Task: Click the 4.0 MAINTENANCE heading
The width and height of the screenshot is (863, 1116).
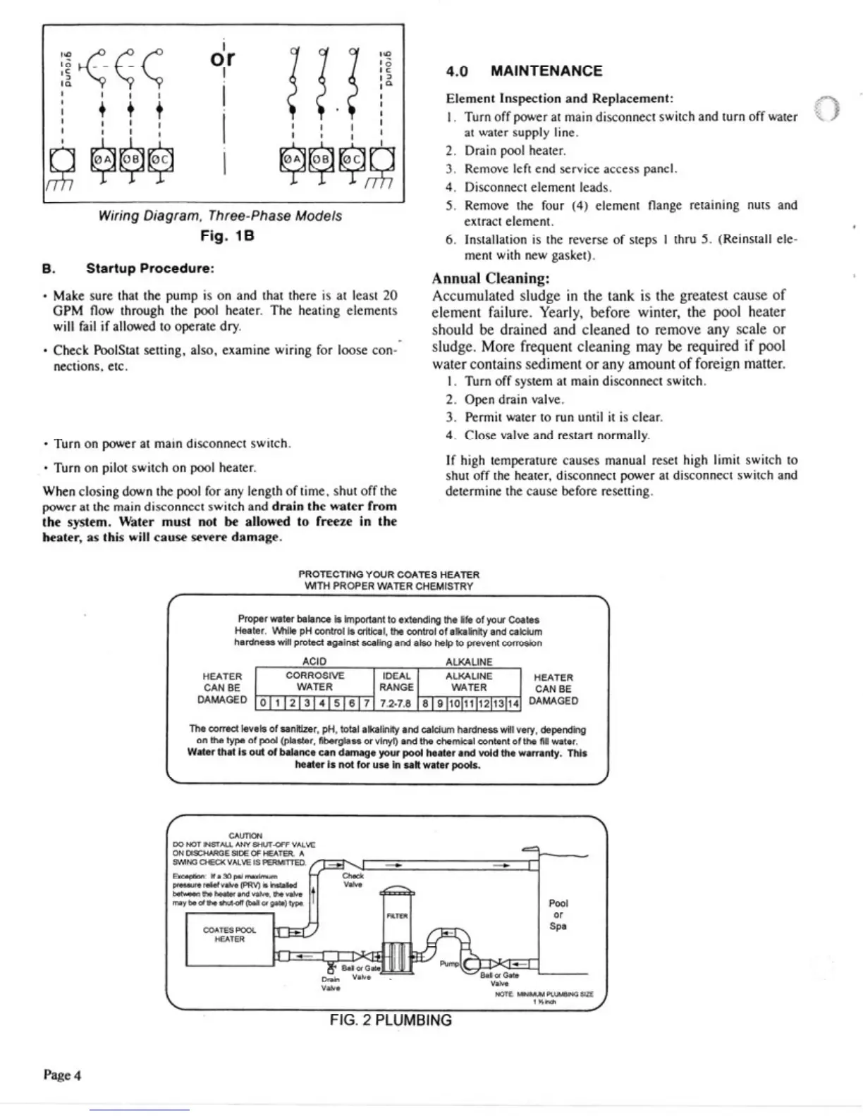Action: [x=524, y=71]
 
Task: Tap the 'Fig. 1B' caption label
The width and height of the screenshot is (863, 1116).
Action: [x=227, y=236]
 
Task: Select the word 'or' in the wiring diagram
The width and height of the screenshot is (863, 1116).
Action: [x=222, y=58]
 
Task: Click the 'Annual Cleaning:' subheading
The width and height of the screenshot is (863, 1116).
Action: [x=490, y=278]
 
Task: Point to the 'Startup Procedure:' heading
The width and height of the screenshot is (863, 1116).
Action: [x=149, y=268]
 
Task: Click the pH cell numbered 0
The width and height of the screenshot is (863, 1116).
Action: [x=262, y=703]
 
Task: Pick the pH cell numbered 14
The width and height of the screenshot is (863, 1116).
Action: [x=513, y=703]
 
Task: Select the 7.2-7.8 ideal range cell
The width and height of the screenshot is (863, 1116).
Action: [x=395, y=703]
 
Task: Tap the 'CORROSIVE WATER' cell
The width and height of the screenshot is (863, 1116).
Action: [x=314, y=681]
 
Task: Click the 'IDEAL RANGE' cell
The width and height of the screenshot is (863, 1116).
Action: [x=396, y=681]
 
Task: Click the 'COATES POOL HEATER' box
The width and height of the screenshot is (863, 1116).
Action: [x=229, y=934]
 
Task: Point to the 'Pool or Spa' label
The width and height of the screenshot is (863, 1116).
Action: [x=558, y=914]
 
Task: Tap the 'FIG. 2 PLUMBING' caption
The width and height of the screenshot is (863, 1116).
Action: [x=391, y=1020]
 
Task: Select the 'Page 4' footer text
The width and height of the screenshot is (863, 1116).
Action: [x=62, y=1075]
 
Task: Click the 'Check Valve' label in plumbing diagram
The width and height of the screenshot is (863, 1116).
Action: [x=353, y=880]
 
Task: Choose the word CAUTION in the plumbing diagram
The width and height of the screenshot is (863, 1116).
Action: [x=245, y=836]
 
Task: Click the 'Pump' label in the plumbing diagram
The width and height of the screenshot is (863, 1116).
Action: [x=449, y=963]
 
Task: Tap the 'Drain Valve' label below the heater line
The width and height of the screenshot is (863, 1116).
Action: [x=330, y=984]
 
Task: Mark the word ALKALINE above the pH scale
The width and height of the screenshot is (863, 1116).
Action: [x=469, y=662]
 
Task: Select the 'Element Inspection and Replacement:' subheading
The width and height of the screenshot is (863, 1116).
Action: [x=559, y=99]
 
